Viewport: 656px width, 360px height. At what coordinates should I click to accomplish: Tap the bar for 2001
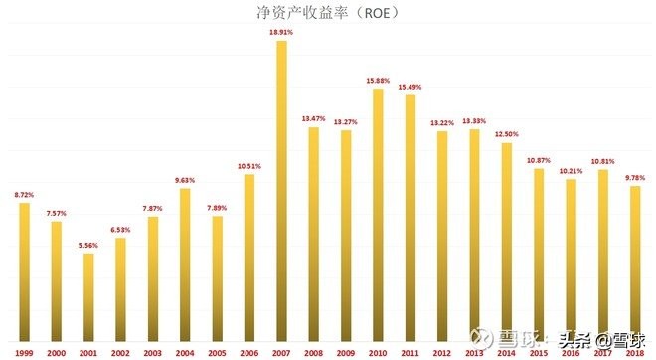[88, 298]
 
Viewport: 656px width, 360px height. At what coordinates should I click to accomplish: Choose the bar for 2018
[635, 265]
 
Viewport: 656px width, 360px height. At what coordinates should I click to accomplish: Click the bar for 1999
[25, 272]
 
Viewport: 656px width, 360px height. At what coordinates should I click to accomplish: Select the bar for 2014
[507, 244]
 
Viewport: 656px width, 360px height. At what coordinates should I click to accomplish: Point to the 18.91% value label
[281, 33]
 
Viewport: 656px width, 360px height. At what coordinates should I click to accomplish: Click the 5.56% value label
[88, 246]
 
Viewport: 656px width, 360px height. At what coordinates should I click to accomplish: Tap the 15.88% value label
[378, 81]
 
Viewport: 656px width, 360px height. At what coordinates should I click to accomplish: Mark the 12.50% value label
[507, 134]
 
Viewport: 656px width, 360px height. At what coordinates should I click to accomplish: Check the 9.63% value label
[185, 180]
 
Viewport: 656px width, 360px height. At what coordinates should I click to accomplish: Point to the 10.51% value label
[249, 166]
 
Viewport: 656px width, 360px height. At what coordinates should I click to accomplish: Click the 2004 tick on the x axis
[185, 352]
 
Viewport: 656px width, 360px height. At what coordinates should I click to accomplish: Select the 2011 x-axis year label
[410, 352]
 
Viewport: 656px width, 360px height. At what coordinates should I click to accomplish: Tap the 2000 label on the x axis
[57, 352]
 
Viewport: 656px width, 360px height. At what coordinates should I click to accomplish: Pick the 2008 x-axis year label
[314, 352]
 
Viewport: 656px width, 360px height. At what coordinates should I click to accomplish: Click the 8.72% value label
[25, 194]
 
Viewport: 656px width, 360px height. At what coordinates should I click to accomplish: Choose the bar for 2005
[217, 279]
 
